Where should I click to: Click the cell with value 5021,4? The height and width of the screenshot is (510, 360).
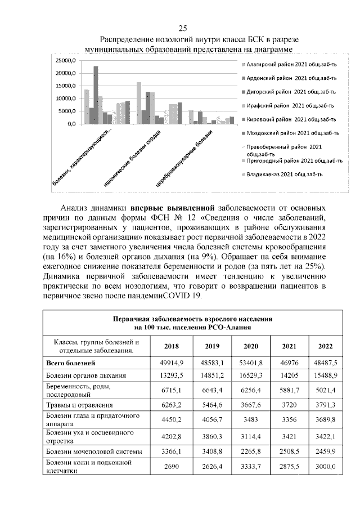tap(326, 390)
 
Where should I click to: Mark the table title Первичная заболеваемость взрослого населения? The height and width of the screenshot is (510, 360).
tap(192, 319)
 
